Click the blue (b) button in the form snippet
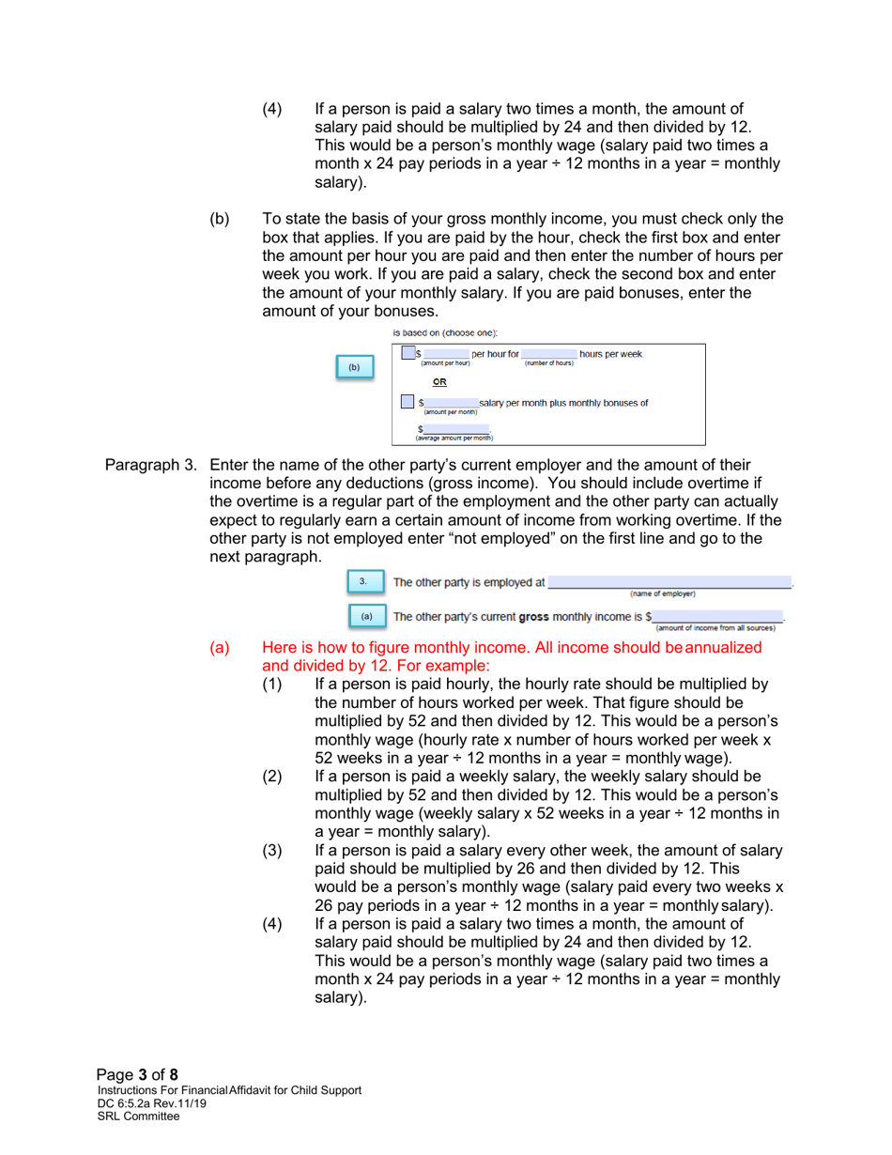[x=354, y=367]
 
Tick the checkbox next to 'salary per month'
[x=407, y=401]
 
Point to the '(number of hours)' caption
[x=548, y=363]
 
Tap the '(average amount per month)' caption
[x=454, y=438]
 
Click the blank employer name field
[x=669, y=581]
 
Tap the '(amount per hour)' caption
[x=446, y=363]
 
